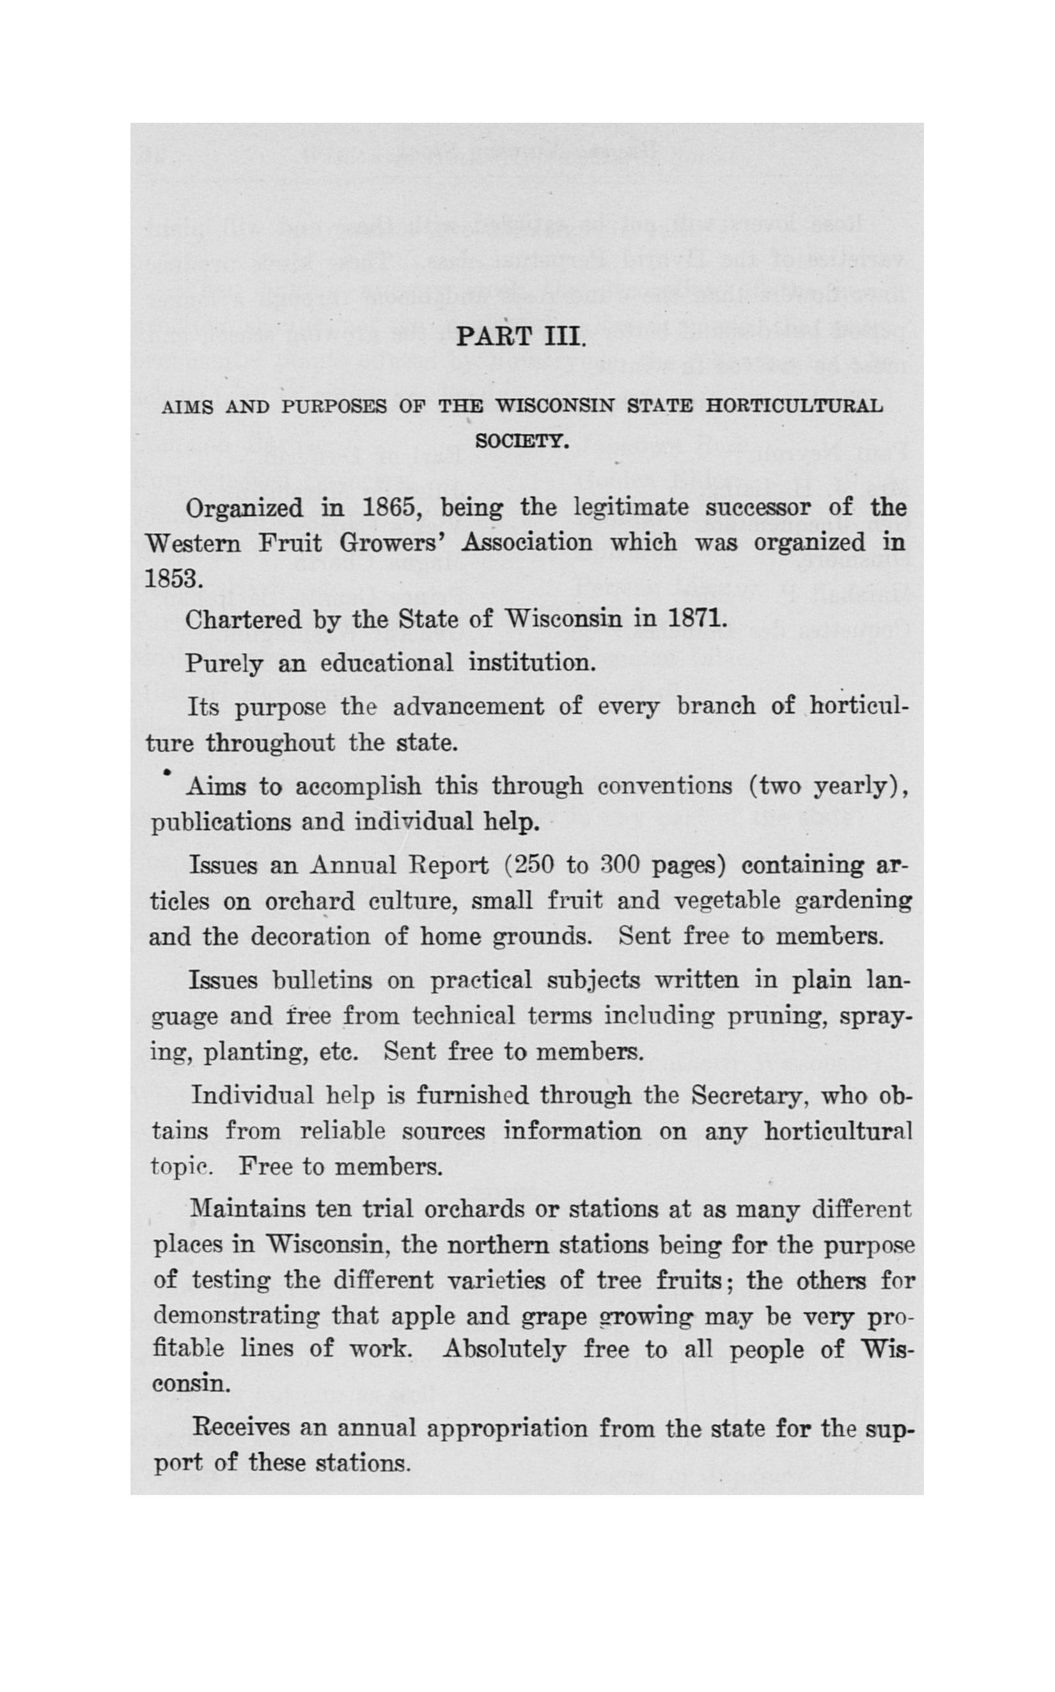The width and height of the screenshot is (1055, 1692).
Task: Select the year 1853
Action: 174,579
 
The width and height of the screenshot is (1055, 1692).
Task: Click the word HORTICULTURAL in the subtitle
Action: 794,406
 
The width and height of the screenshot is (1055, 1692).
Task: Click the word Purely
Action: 223,663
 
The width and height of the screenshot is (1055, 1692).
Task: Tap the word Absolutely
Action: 504,1349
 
